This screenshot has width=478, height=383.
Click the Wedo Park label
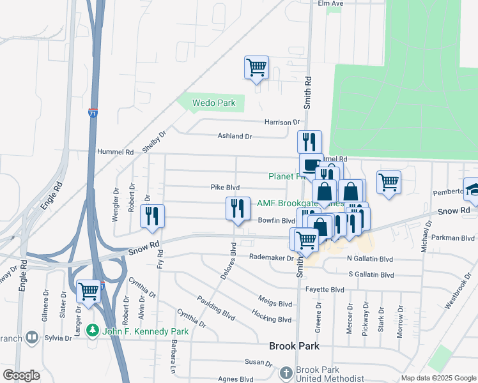[x=214, y=103]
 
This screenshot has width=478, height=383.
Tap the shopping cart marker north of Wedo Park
[x=256, y=68]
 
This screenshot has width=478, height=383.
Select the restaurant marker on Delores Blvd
[x=238, y=209]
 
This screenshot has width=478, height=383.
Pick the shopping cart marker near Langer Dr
[x=89, y=291]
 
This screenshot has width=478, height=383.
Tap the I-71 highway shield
[x=93, y=112]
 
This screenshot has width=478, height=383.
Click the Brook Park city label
[x=294, y=347]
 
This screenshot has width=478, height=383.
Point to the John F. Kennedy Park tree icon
[x=93, y=331]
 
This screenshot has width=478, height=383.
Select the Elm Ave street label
[x=331, y=3]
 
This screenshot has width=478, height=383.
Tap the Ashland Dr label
[x=235, y=136]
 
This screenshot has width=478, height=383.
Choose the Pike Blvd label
[x=225, y=188]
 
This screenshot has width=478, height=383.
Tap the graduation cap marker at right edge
[x=473, y=188]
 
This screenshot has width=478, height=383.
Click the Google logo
[x=21, y=375]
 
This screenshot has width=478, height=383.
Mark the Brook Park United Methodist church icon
[x=286, y=372]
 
